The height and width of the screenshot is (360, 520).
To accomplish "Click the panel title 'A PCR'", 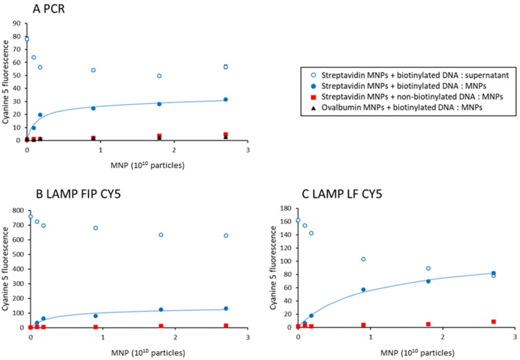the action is point(49,9).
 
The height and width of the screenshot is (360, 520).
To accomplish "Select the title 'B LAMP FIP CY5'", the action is point(78,193).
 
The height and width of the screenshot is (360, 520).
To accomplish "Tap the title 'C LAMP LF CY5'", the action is point(342,193).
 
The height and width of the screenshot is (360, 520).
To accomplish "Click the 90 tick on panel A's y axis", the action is point(17,23).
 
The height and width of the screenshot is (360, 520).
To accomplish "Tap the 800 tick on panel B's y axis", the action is point(18,210).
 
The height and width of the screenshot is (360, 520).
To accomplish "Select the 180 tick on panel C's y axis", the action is point(286,209).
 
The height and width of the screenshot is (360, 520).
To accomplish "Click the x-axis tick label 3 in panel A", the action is point(247,150).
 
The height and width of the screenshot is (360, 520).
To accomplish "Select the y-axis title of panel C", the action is point(273,268).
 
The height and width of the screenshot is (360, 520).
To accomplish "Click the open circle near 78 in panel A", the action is point(27,39).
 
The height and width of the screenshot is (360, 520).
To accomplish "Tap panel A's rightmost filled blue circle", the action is point(226,100).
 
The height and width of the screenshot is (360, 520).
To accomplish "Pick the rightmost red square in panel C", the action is point(494,321).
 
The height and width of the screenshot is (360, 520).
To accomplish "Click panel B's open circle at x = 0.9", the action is point(95,228).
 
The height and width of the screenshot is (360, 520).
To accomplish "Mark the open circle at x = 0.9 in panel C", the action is point(363,259).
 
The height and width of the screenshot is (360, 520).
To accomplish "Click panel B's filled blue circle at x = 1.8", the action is point(161,310).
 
